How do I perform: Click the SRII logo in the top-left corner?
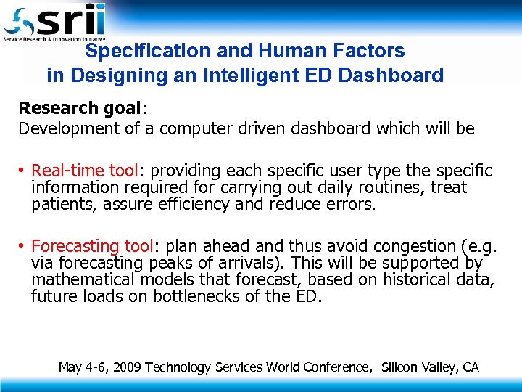click(54, 20)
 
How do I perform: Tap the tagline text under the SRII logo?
click(54, 38)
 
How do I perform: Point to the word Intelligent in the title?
click(278, 75)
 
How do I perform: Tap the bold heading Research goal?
click(80, 108)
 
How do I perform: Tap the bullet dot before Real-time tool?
click(23, 171)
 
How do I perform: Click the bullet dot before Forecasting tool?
click(23, 246)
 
